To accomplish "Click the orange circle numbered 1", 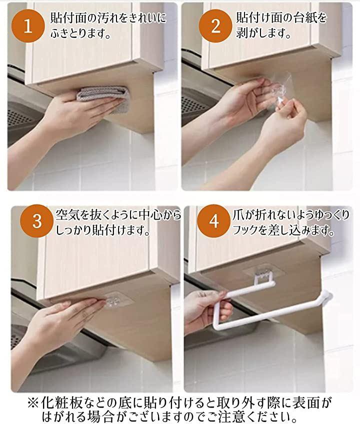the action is (x=28, y=27).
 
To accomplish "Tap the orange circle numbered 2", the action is (x=215, y=27).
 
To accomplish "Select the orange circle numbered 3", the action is (x=37, y=221).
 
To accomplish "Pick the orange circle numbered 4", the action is (x=213, y=221).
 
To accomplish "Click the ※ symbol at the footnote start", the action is (x=33, y=403).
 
